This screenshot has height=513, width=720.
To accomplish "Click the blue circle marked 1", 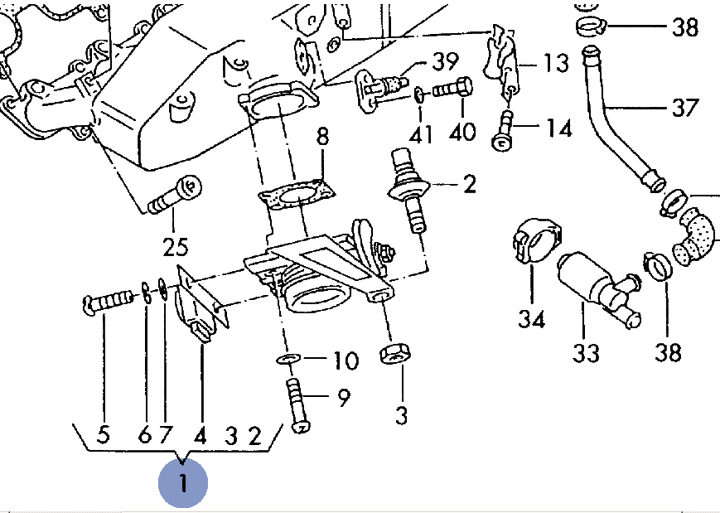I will pos(183,482).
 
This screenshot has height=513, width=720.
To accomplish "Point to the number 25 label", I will pos(175,246).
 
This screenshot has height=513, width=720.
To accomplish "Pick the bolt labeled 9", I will pos(297,404).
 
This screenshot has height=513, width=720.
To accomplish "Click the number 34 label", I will pos(532,318).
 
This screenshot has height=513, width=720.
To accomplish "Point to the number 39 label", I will pos(444,60).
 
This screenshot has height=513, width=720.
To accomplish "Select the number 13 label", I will pos(556,60).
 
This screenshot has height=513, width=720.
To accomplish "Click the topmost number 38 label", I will pos(685,27).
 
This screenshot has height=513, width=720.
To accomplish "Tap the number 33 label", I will pos(586,353).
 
